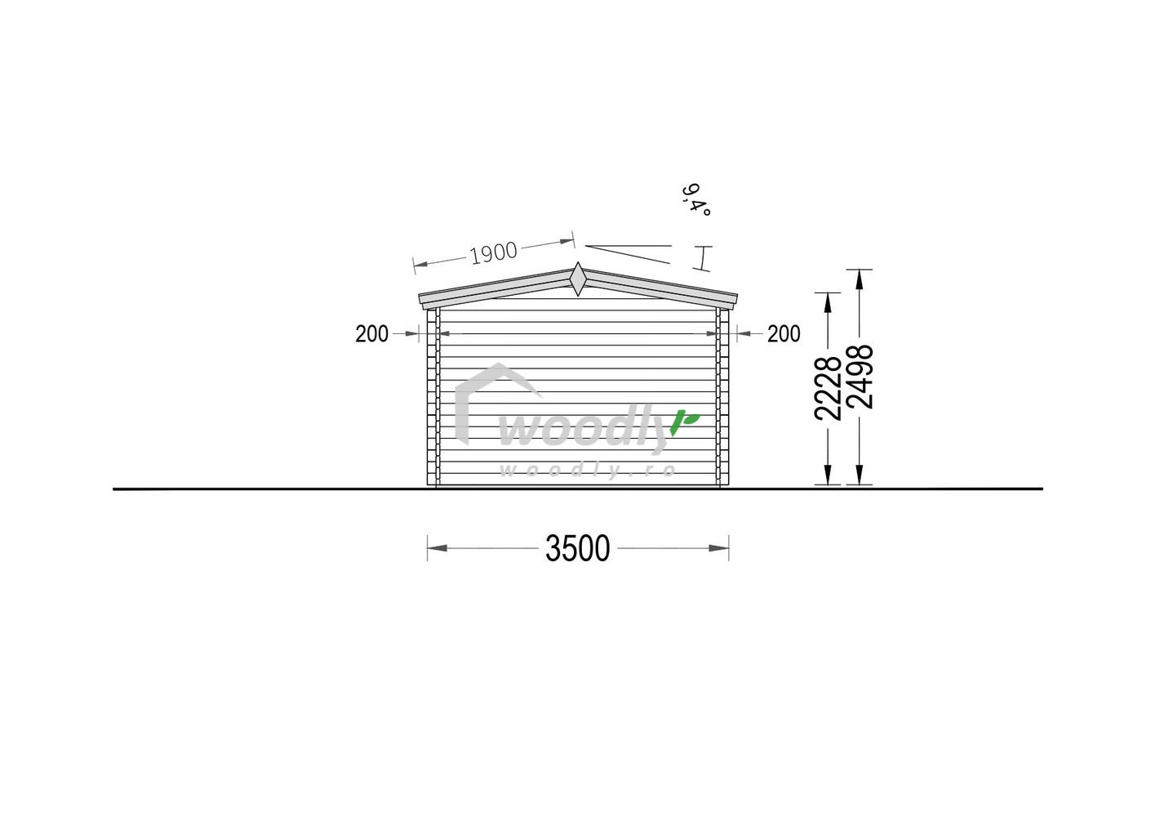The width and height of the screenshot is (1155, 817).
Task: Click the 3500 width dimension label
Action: tap(578, 549)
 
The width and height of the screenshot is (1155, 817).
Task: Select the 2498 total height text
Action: tap(860, 377)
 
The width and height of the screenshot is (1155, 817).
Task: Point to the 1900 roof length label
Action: tap(494, 253)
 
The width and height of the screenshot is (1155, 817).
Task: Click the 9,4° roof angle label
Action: tap(696, 199)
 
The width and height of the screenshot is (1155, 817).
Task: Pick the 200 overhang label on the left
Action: tap(371, 334)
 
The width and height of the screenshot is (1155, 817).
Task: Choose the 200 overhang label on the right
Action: tap(784, 334)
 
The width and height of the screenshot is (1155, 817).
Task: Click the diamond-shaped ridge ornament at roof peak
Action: tap(578, 279)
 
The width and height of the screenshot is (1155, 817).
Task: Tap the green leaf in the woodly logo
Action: tap(685, 422)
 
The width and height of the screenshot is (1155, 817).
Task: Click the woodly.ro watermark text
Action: tap(588, 470)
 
